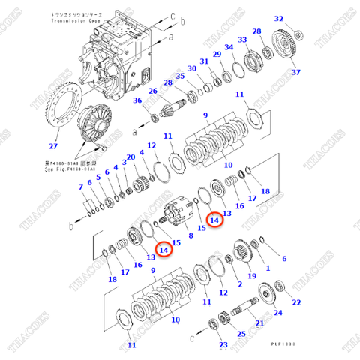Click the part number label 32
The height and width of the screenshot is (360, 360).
(279, 19)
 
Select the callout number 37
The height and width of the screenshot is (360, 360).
(295, 72)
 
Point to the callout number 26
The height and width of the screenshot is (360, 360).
(152, 91)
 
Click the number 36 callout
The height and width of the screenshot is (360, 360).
(138, 102)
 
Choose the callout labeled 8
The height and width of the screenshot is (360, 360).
(190, 235)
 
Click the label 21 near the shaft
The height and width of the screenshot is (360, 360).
(259, 323)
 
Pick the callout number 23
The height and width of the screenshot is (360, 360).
(223, 345)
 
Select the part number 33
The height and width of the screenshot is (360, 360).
(242, 39)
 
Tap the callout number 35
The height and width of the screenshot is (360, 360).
(180, 76)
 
